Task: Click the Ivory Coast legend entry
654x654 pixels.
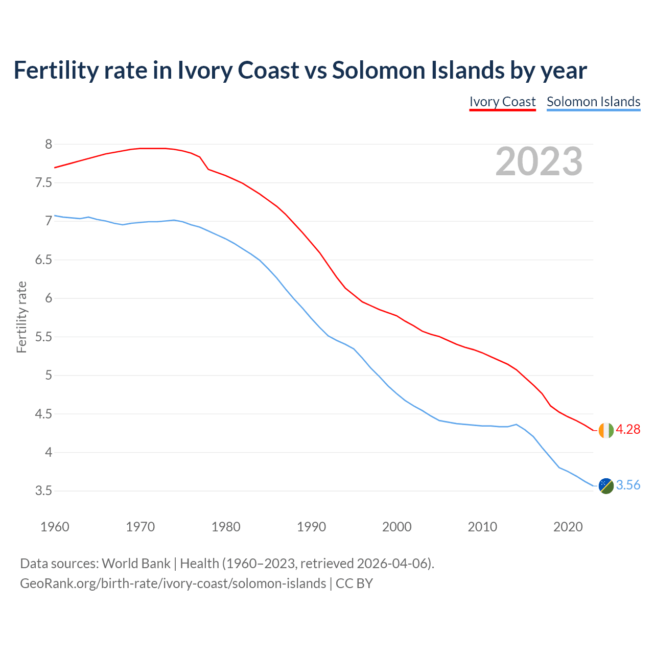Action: tap(502, 102)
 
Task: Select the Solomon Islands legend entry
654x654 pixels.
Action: tap(593, 102)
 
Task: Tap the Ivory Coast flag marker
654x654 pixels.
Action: tap(606, 430)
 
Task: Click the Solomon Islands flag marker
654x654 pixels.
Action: tap(606, 486)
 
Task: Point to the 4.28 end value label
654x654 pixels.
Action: tap(628, 430)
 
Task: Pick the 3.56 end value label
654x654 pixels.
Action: tap(628, 485)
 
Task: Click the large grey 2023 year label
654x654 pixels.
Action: tap(539, 161)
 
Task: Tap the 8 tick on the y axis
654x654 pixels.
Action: tap(49, 145)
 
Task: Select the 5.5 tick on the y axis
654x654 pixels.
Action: tap(43, 337)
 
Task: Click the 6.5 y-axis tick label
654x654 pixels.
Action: tap(43, 260)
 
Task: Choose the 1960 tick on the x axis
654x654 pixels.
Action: tap(55, 527)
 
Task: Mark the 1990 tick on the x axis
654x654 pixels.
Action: tap(311, 527)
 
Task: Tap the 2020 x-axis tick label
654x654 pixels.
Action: tap(568, 527)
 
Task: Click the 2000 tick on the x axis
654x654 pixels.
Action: tap(396, 527)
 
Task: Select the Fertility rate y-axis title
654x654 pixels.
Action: tap(21, 317)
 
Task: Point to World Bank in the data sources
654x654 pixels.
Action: tap(136, 564)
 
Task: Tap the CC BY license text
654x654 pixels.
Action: tap(354, 583)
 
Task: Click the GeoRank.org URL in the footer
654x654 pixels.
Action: tap(173, 583)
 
